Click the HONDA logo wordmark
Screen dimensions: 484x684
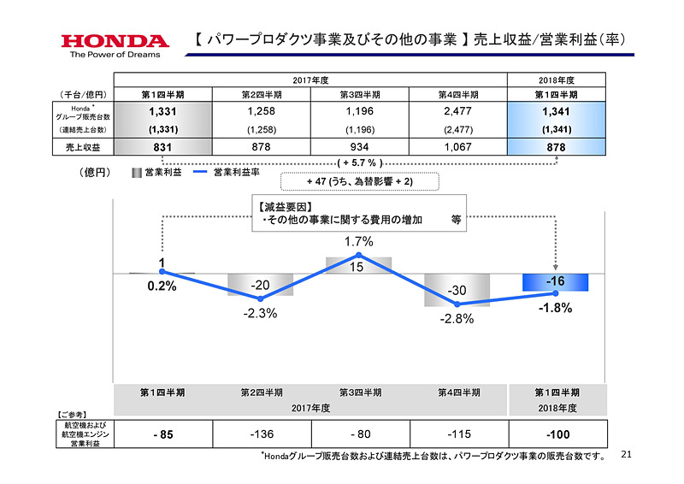click(115, 41)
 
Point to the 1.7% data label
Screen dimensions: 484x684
click(358, 242)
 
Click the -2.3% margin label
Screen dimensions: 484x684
click(260, 313)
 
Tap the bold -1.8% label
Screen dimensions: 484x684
click(555, 308)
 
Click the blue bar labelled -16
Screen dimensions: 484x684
click(555, 281)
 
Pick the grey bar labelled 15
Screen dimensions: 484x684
click(358, 265)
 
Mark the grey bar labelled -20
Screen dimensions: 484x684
click(260, 284)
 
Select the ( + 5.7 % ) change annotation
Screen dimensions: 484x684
click(358, 162)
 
